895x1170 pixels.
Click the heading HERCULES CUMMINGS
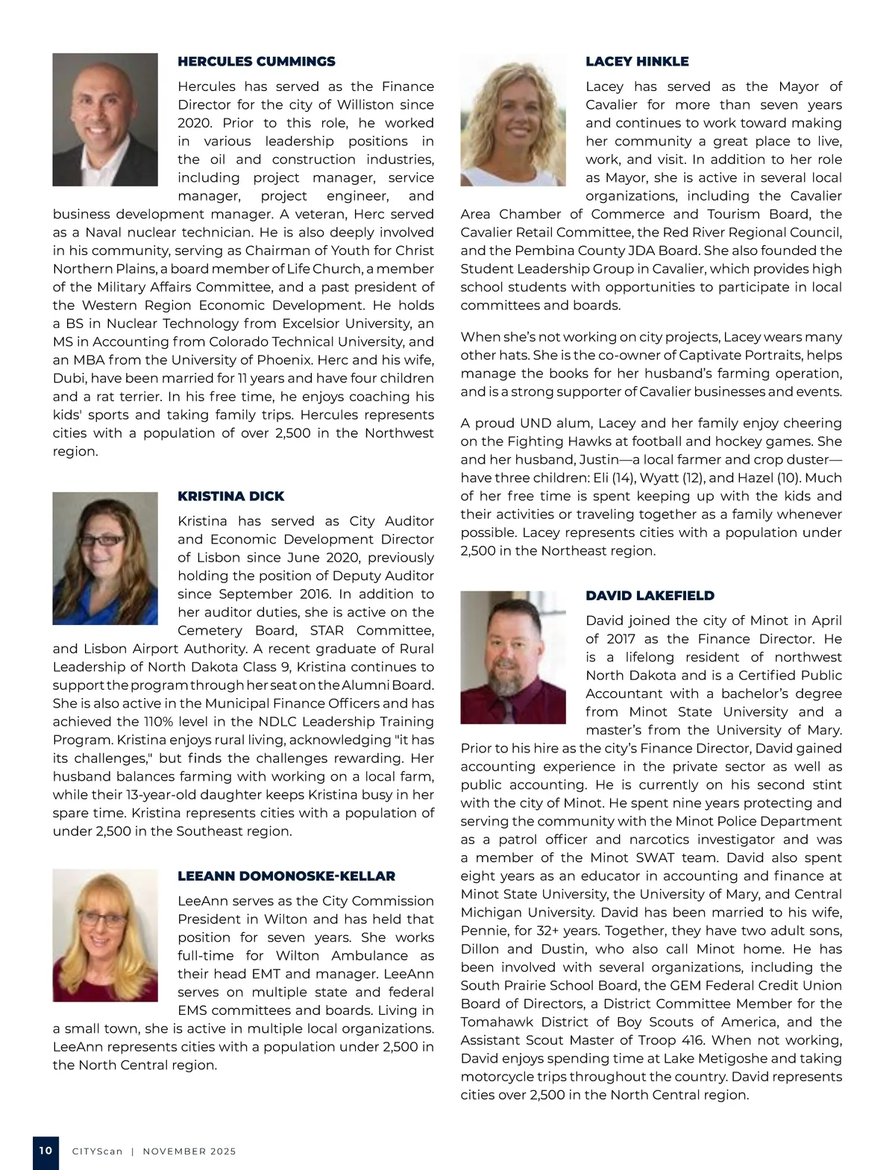(257, 61)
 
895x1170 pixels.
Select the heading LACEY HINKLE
(637, 61)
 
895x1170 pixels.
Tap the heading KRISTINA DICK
(230, 496)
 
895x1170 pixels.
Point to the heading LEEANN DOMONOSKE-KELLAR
(286, 875)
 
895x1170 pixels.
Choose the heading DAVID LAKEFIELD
(650, 595)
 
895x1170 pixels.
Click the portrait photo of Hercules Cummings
(105, 119)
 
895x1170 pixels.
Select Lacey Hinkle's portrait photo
(513, 119)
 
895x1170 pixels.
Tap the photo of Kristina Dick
(105, 558)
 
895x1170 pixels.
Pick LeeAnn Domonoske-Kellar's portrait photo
(105, 934)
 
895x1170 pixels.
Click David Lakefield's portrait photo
(513, 656)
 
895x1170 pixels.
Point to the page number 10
(45, 1151)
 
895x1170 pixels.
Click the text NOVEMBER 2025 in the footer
(189, 1151)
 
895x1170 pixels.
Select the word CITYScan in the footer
(97, 1151)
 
